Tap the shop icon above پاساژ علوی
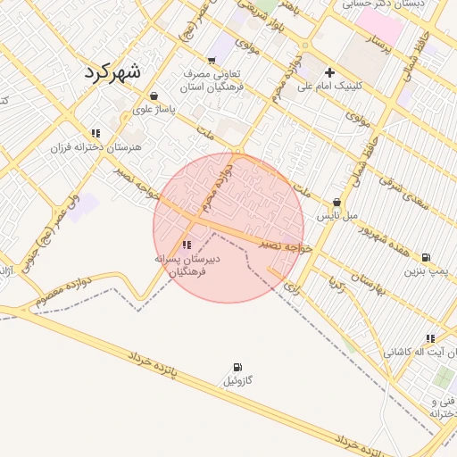[154, 96]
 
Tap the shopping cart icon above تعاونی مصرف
[211, 61]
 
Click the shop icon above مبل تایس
[337, 203]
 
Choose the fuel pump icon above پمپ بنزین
[426, 256]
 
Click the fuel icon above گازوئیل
[237, 367]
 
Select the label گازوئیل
[237, 381]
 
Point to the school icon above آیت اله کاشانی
[430, 338]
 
